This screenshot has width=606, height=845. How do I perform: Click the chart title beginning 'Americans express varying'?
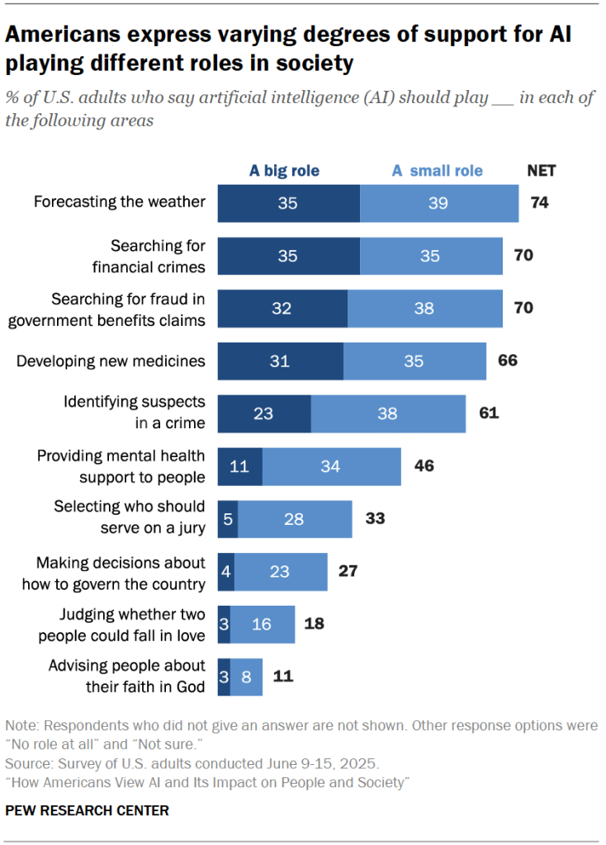[x=289, y=49]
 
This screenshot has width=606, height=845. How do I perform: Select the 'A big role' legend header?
[x=284, y=171]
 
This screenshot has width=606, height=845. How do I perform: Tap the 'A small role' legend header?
[x=437, y=171]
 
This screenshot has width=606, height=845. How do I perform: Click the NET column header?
[x=541, y=171]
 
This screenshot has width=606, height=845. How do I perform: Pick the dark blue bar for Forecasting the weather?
[x=288, y=203]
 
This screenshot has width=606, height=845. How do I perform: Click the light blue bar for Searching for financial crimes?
[x=430, y=256]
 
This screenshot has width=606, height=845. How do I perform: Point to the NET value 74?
[x=540, y=203]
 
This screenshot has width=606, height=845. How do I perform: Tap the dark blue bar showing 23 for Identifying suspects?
[x=263, y=413]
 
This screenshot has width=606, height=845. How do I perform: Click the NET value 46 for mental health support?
[x=424, y=466]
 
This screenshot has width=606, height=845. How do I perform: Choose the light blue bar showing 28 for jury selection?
[x=294, y=519]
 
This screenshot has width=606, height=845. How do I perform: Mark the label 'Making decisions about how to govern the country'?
[x=121, y=573]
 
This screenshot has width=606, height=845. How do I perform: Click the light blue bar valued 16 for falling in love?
[x=262, y=624]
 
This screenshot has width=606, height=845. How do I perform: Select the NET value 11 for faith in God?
[x=283, y=677]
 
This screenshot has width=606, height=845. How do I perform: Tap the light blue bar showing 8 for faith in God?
[x=246, y=677]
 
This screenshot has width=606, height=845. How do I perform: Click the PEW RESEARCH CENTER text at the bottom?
[x=87, y=810]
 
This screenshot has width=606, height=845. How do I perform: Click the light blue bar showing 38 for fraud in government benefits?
[x=424, y=309]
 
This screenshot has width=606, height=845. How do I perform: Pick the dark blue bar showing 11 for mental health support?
[x=239, y=466]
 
